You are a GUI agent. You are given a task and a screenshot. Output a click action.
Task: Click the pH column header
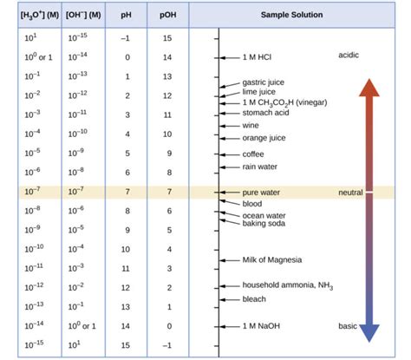tap(127, 15)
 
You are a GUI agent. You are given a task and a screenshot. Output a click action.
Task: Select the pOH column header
tap(168, 15)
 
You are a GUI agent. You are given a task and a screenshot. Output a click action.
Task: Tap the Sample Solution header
tap(291, 15)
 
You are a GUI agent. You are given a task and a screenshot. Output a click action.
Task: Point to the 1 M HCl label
tap(262, 56)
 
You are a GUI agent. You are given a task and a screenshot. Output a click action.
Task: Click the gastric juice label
tap(263, 82)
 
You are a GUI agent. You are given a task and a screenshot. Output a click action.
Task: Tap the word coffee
tap(256, 154)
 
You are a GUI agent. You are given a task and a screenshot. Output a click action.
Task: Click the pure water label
tap(262, 192)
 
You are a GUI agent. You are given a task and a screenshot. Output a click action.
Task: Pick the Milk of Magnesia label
tap(275, 259)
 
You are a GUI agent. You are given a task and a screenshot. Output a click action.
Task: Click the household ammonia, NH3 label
tap(287, 285)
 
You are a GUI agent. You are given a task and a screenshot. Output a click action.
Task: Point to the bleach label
tap(254, 298)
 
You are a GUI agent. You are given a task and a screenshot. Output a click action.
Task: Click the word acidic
tap(349, 56)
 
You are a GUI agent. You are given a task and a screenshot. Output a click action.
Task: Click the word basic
tap(347, 326)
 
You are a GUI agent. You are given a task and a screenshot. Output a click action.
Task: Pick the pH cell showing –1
tap(127, 37)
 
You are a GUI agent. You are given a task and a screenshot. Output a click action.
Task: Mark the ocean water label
tap(265, 215)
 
